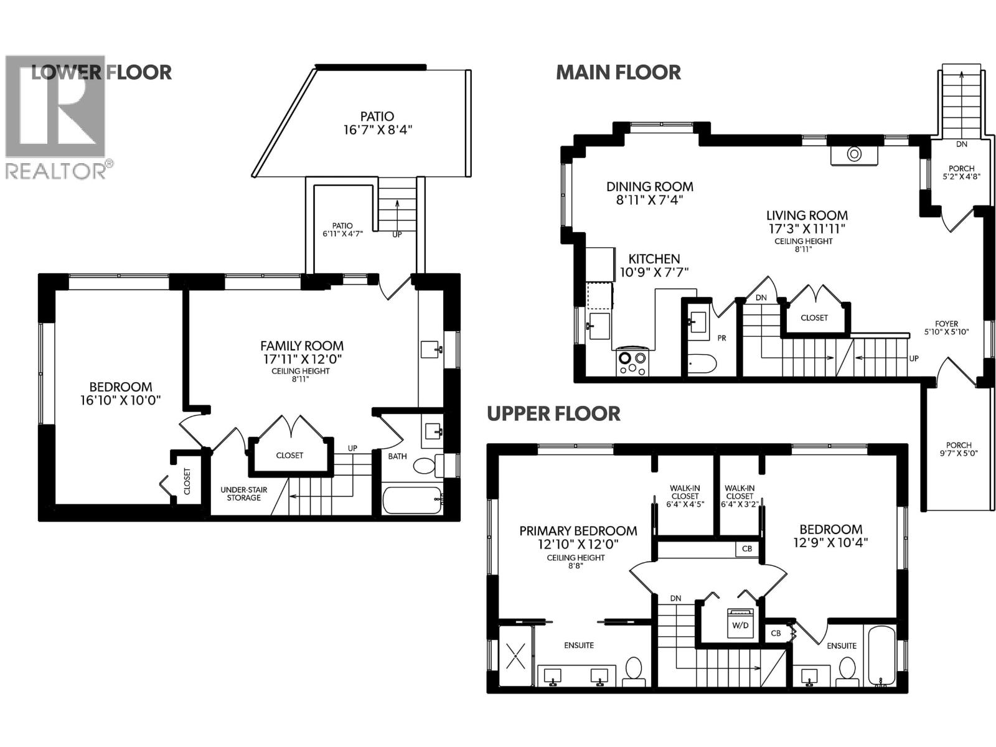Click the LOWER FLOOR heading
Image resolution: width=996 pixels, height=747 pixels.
[x=101, y=72]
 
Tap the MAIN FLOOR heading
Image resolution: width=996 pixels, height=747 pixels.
[x=618, y=72]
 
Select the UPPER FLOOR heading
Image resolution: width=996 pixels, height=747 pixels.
[x=553, y=413]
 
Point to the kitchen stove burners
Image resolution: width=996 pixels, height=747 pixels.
[x=632, y=363]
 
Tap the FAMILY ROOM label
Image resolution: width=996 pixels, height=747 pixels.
[x=302, y=345]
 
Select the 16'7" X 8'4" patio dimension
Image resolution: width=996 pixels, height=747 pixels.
[x=378, y=130]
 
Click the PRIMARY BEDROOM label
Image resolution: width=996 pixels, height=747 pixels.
[x=578, y=531]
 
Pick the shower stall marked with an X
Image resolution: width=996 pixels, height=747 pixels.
[x=516, y=655]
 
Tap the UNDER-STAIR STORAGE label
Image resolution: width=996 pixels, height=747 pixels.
[x=243, y=494]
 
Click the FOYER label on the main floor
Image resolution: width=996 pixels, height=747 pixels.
[x=946, y=324]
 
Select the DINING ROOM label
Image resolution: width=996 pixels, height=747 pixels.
[x=650, y=186]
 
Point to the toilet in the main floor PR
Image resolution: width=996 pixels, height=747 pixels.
[x=702, y=362]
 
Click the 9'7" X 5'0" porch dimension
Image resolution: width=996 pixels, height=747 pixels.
[x=958, y=454]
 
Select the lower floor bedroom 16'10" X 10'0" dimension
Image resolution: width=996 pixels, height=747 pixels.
[x=121, y=400]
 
